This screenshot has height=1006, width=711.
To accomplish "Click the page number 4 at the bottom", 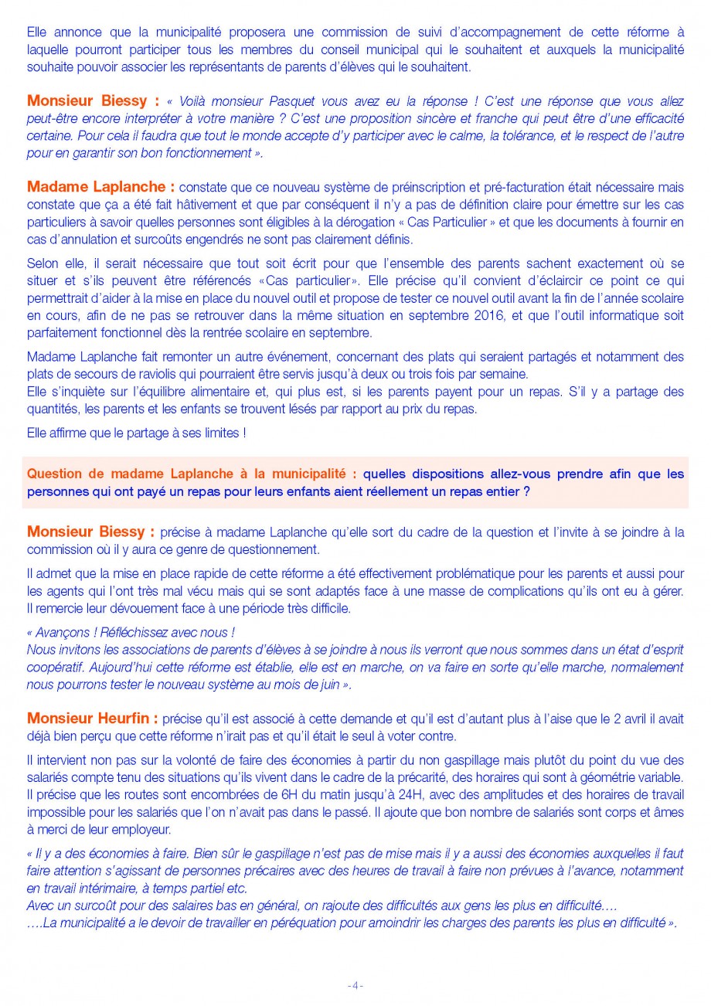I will point(355,985).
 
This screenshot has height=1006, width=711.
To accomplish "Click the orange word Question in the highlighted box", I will point(54,474).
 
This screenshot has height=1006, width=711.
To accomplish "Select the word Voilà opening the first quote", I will point(191,101).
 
